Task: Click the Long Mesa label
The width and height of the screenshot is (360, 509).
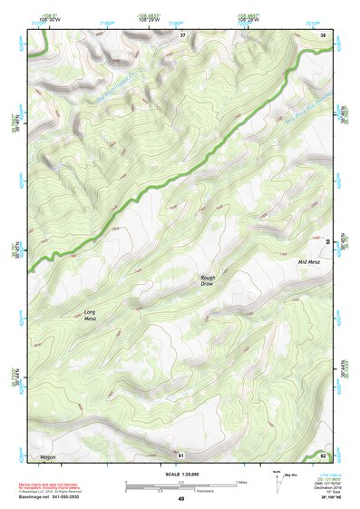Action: (90, 316)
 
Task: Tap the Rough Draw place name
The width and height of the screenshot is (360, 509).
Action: (209, 280)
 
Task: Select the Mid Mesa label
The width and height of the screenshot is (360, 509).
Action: (309, 262)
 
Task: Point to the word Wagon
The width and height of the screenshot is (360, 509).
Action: (47, 456)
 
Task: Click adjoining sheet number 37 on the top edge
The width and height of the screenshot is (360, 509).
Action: (181, 34)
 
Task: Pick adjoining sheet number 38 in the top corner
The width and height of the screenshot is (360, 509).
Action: (323, 34)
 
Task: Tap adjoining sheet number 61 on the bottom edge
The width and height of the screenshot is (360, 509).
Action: (181, 454)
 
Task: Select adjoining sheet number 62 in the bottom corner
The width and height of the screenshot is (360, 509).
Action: (323, 454)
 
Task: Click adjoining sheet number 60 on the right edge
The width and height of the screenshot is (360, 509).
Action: (326, 243)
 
